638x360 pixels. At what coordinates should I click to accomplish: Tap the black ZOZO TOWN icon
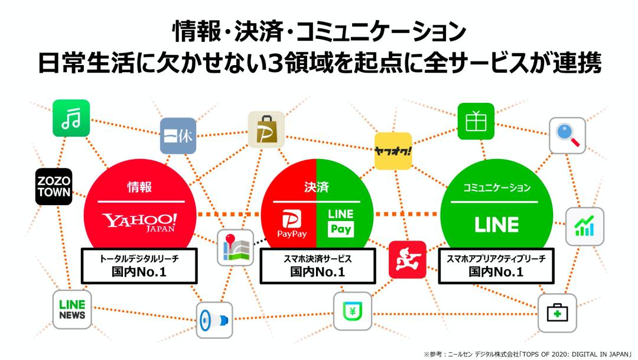(x=54, y=187)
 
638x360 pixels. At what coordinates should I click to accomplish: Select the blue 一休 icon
(x=178, y=136)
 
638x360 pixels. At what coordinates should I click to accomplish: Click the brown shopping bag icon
(x=266, y=129)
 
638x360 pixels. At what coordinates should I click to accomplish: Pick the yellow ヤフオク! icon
(x=393, y=151)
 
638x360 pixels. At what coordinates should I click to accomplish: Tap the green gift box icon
(x=476, y=122)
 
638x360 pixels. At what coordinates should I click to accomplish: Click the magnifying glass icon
(x=567, y=136)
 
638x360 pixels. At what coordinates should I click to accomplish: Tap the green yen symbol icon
(x=353, y=311)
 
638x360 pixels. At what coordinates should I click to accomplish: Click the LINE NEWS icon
(x=72, y=310)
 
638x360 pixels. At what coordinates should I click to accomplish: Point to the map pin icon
(x=235, y=248)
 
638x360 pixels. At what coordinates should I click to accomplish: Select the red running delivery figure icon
(x=407, y=260)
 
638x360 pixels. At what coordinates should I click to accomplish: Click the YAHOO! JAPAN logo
(x=140, y=223)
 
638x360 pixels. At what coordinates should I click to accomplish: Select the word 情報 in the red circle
(x=140, y=187)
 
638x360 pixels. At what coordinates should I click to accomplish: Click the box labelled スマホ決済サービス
(x=317, y=265)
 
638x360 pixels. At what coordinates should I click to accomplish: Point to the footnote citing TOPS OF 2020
(x=528, y=353)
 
